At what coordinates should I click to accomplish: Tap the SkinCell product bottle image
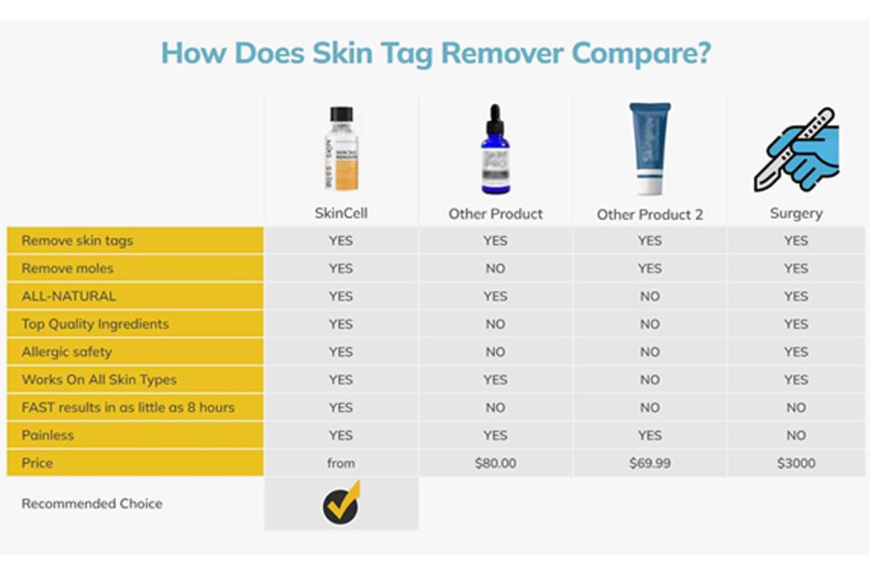click(342, 149)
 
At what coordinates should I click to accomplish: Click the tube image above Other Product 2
click(649, 150)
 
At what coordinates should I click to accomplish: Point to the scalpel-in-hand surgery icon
click(796, 150)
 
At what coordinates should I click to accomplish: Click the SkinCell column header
click(341, 213)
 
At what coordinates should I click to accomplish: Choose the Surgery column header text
click(796, 213)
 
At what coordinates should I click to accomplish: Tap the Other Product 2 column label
click(649, 214)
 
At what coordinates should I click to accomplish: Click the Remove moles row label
click(68, 268)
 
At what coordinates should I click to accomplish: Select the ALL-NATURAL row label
click(68, 296)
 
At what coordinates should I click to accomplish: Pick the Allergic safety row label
click(67, 352)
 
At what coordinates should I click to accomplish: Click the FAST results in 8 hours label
click(128, 408)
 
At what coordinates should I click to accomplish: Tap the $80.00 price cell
click(495, 463)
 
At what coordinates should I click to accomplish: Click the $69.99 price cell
click(649, 463)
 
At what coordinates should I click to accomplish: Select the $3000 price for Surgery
click(796, 463)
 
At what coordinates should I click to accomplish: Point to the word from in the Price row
click(341, 463)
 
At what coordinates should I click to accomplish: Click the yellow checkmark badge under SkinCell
click(342, 503)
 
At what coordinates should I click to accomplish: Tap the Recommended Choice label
click(92, 503)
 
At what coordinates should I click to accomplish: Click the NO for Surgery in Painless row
click(796, 435)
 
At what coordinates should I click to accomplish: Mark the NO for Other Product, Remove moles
click(495, 268)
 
